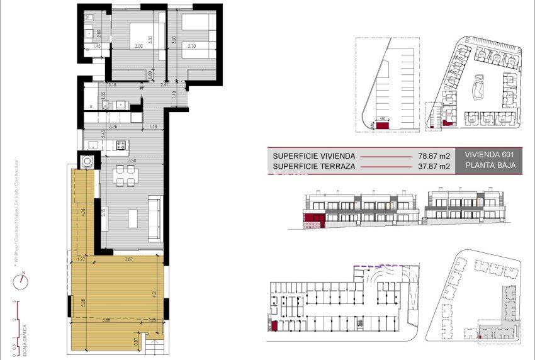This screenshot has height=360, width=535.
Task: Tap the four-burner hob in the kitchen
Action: point(120,145)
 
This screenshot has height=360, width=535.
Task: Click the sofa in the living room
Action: point(154,218)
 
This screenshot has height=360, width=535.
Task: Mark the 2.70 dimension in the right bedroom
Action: point(192,46)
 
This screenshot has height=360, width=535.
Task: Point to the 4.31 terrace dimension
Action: point(156,291)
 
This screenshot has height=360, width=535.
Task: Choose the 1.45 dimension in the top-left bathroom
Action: point(97,46)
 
